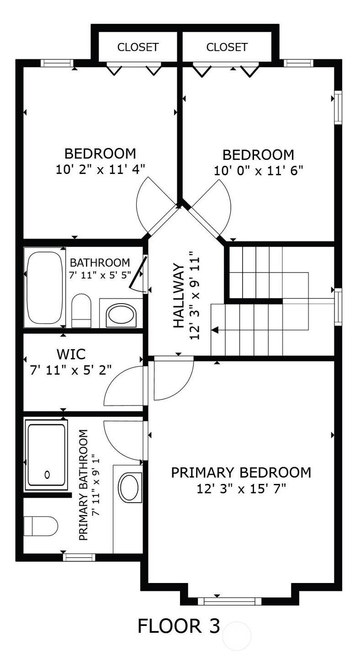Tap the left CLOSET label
point(138,47)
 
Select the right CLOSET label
point(227,47)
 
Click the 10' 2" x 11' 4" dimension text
point(101,169)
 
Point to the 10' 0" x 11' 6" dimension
point(258,170)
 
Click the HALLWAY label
point(179,296)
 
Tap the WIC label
point(71,354)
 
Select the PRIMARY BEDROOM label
point(241,473)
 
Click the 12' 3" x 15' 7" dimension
point(241,489)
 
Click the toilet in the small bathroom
point(81,310)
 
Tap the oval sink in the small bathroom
point(121,315)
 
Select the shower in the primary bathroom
point(46,455)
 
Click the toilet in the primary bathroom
point(41,526)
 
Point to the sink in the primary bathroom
point(128,487)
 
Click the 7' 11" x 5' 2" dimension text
point(71,370)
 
